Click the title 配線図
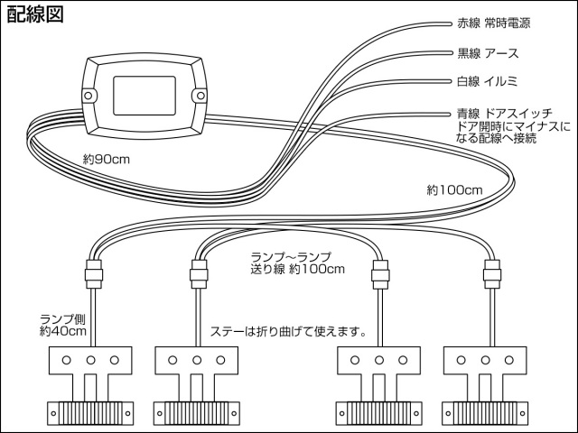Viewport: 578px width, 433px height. (36, 15)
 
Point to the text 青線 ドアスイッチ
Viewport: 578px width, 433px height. (501, 115)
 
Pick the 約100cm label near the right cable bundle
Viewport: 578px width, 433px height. (453, 190)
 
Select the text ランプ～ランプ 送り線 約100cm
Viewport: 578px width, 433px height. (297, 263)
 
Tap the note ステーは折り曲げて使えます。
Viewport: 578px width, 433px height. (287, 331)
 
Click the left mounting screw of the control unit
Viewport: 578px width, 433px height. (89, 95)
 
